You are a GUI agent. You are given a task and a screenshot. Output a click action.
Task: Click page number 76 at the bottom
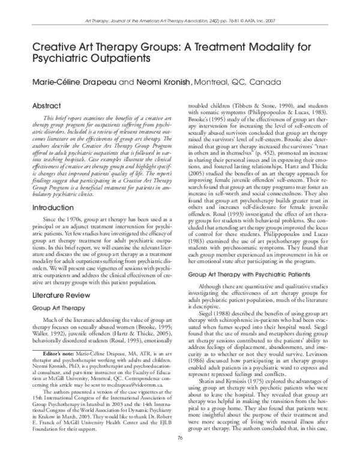pyautogui.click(x=179, y=455)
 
